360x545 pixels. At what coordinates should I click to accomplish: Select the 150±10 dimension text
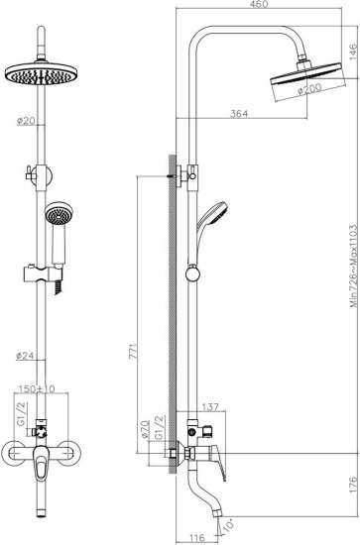[36, 389]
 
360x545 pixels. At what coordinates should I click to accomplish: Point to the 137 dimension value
[209, 407]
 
